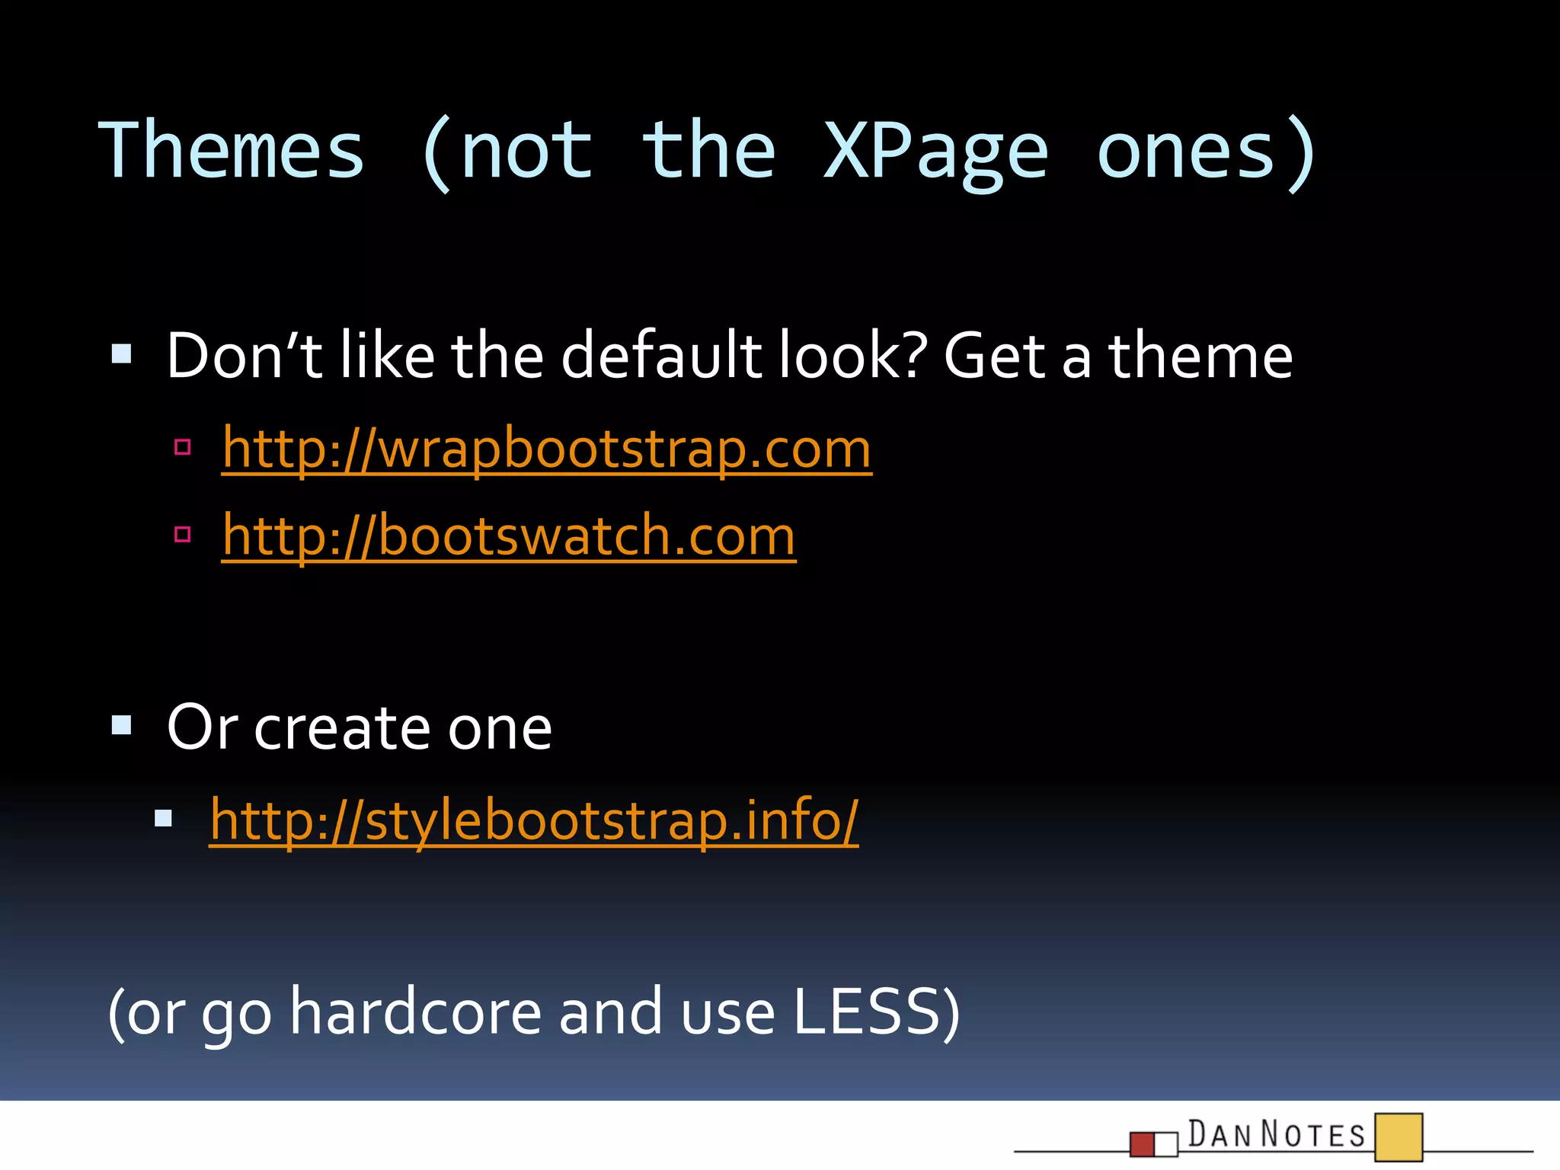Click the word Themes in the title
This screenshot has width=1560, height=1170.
click(x=232, y=151)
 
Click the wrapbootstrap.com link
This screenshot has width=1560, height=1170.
click(x=547, y=449)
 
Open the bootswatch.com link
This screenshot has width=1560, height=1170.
click(x=509, y=535)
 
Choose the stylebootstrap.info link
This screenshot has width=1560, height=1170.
click(x=534, y=820)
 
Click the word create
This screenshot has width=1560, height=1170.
click(x=344, y=727)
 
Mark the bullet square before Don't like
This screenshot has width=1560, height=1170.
click(x=122, y=353)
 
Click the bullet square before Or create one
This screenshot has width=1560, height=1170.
click(x=122, y=724)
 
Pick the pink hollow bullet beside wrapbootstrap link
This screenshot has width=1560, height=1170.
click(x=182, y=447)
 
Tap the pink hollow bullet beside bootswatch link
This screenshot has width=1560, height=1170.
click(x=182, y=534)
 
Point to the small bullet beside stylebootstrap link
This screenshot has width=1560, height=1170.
click(x=163, y=819)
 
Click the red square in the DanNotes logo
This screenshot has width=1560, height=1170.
click(x=1142, y=1144)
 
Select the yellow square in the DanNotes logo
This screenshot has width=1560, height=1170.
click(x=1399, y=1137)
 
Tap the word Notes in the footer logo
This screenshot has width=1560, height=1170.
click(x=1313, y=1135)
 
